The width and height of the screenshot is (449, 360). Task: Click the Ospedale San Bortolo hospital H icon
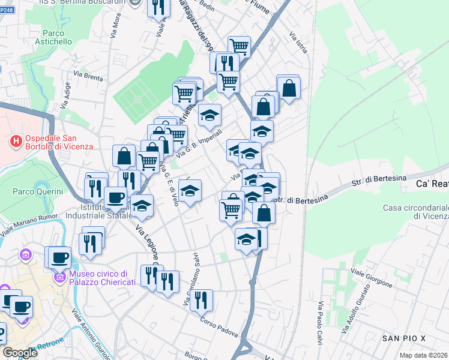coord(17,142)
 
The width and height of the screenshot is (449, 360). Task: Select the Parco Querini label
coord(38,191)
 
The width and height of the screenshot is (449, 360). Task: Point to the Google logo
coord(20,353)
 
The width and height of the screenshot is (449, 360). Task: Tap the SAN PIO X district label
coord(404,339)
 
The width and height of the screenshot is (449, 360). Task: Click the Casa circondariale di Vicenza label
coord(416,212)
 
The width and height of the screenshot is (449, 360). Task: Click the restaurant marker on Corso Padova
coord(201,299)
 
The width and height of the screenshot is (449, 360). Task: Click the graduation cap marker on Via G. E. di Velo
coord(190,191)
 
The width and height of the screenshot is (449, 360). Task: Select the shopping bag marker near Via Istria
coord(289,88)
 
